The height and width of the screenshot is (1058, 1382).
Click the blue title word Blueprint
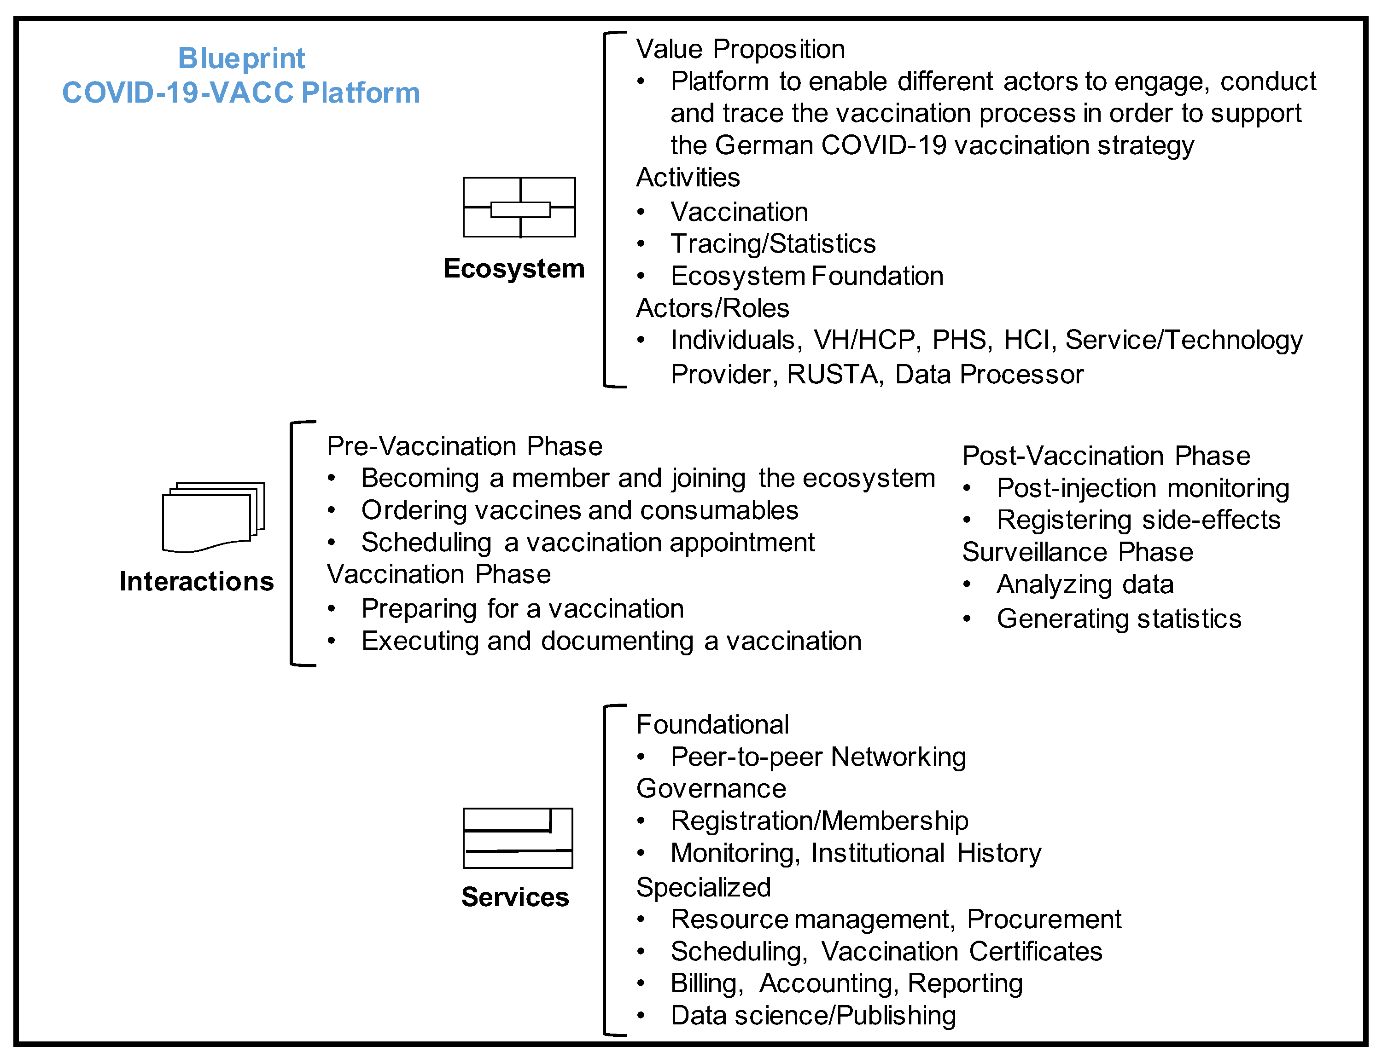241,58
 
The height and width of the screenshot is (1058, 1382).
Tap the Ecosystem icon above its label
519,207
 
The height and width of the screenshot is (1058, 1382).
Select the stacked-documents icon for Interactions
213,517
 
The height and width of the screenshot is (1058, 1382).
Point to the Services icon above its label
518,838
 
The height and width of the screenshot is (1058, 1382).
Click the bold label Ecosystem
513,269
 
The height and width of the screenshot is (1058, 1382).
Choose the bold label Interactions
197,581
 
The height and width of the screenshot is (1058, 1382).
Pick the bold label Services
515,897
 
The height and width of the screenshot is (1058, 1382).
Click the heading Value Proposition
741,49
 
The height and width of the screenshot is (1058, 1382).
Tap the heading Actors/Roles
712,308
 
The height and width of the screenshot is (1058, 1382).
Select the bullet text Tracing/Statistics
773,244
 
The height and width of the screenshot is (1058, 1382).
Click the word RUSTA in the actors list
833,375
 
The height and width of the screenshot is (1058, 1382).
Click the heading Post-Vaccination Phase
1106,455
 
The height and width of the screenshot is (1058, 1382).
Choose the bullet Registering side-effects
1138,520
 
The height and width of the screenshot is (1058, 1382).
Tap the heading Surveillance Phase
1078,552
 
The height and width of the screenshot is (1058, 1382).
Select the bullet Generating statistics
1119,619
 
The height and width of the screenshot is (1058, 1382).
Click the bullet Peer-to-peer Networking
818,757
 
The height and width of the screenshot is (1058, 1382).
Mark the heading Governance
711,788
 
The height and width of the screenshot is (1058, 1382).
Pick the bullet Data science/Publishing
813,1016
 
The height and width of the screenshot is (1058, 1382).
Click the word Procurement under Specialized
1044,919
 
